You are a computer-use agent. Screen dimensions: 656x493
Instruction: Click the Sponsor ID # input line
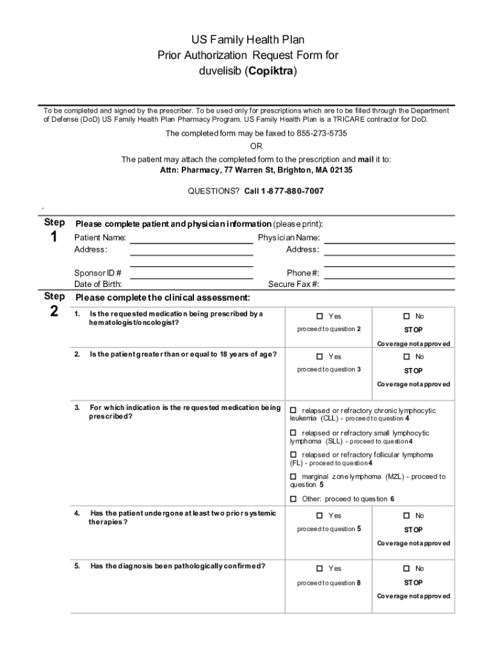click(191, 276)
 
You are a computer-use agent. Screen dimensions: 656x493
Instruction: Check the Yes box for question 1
click(320, 316)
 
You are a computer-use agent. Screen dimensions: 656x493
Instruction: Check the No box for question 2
click(407, 357)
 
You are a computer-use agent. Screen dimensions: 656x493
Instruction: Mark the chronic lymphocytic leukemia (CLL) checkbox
click(294, 410)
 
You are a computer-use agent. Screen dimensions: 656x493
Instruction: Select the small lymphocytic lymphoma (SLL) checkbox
click(294, 433)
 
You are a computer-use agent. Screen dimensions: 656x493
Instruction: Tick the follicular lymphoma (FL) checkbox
click(294, 455)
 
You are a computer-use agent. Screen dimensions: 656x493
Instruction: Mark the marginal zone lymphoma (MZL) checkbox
click(294, 477)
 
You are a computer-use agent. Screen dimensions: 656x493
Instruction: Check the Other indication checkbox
click(294, 499)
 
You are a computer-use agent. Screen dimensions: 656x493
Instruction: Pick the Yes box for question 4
click(320, 516)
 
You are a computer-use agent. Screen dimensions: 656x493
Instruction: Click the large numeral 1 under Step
click(54, 238)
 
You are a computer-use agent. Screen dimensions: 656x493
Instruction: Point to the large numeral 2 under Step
click(54, 312)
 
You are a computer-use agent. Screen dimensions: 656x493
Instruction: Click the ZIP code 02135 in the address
click(339, 170)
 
